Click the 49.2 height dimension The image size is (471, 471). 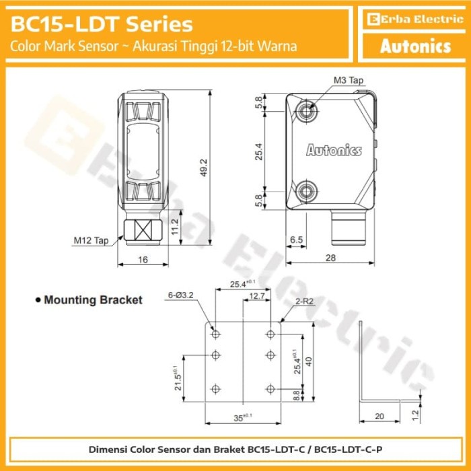coord(202,166)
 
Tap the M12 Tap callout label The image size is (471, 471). coord(91,240)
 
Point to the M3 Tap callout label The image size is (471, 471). coord(349,80)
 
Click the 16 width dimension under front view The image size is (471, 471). coord(142,258)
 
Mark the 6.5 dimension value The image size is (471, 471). coord(295,240)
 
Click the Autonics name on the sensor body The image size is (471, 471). coord(334,150)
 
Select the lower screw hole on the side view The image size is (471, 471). coord(310,190)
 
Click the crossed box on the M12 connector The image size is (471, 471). coord(142,229)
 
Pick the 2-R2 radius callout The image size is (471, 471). coord(303,303)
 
